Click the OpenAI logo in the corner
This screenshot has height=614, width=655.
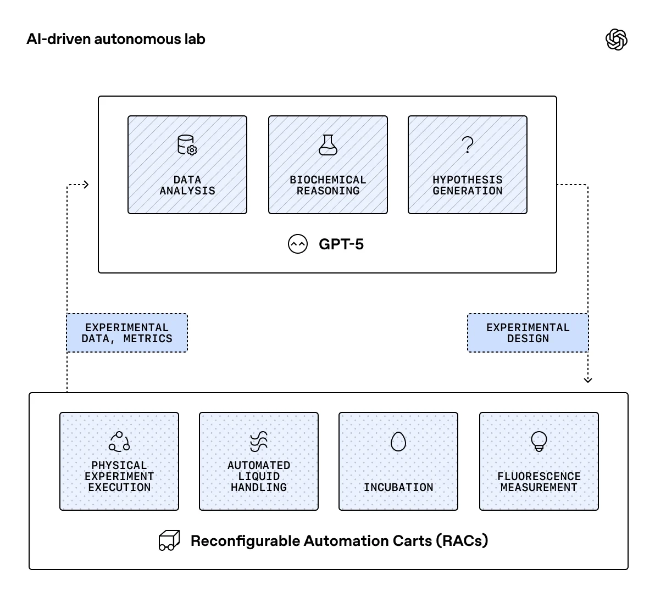click(x=616, y=40)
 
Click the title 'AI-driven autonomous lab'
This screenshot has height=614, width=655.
click(x=116, y=40)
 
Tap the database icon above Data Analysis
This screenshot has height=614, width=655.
click(x=187, y=146)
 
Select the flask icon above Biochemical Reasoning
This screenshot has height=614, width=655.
click(x=328, y=145)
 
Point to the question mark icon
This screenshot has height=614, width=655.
click(x=468, y=145)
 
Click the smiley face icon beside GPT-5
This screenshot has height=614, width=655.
click(x=298, y=244)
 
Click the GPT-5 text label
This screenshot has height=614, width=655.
click(x=341, y=244)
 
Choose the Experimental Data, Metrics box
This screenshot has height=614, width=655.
click(x=127, y=333)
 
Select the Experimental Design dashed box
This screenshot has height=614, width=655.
click(x=528, y=333)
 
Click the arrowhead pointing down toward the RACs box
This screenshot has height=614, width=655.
click(x=588, y=379)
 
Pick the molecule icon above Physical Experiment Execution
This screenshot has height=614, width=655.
click(x=119, y=442)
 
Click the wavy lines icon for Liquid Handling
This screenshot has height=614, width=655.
click(x=259, y=442)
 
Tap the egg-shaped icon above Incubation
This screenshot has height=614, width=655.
click(x=398, y=442)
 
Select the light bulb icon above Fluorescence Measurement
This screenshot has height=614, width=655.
click(x=539, y=441)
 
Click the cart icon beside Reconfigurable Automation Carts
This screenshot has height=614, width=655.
click(x=169, y=541)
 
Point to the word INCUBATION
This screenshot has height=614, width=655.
click(x=398, y=488)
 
